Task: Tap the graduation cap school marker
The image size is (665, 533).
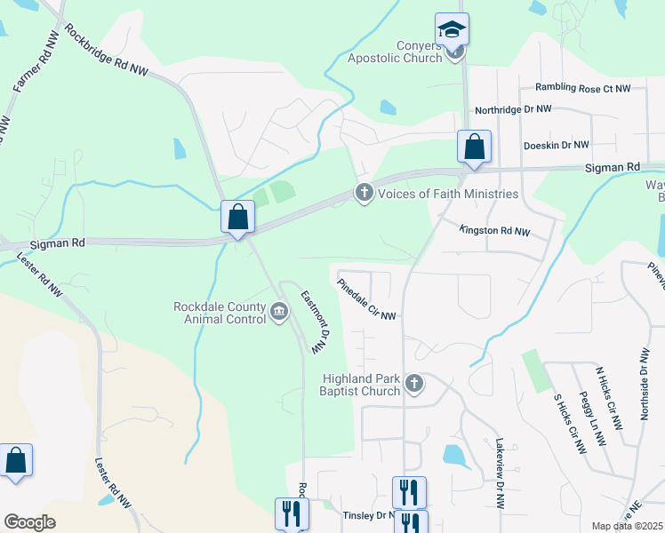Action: tap(452, 29)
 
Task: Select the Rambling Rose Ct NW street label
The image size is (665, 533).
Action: tap(582, 88)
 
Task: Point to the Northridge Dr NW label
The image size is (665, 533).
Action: tap(513, 108)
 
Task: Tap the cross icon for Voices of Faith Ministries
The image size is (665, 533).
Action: tap(364, 193)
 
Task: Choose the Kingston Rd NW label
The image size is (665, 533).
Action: tap(494, 231)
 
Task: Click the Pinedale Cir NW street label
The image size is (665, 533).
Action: tap(366, 300)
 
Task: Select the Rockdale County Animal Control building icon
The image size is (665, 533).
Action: tap(279, 311)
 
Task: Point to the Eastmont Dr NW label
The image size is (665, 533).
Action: tap(315, 322)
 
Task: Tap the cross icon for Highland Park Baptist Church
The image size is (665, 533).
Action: tap(413, 384)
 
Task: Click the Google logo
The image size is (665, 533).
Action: tap(29, 522)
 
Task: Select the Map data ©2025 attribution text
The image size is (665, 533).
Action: tap(627, 526)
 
